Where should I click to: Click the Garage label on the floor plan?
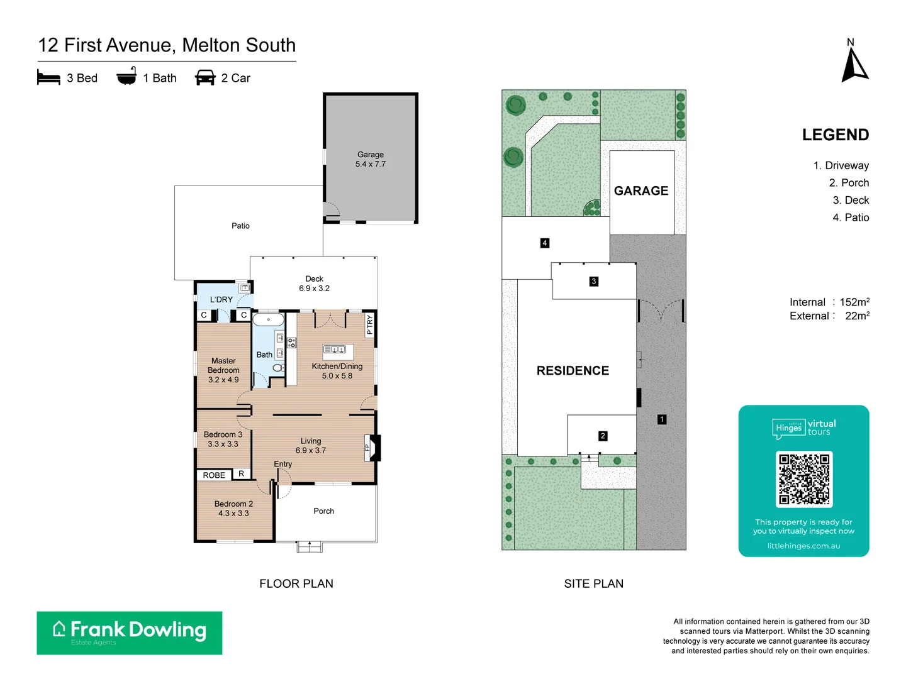[x=370, y=155]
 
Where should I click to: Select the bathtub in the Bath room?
[x=269, y=319]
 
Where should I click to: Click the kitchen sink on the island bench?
[x=334, y=349]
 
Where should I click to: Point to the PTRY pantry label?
[x=369, y=324]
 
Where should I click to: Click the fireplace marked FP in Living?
[x=374, y=448]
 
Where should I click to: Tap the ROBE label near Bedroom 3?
[x=214, y=475]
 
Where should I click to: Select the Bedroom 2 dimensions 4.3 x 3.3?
[x=233, y=514]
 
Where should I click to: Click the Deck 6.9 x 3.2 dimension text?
[x=314, y=289]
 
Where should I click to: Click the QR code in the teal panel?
[x=804, y=479]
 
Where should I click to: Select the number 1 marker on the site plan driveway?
[x=661, y=419]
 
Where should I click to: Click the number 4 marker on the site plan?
[x=545, y=243]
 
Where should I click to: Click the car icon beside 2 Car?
[x=205, y=78]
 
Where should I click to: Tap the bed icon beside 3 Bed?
[x=48, y=78]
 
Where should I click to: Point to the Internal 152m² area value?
[x=854, y=302]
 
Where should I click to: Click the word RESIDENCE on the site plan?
[x=573, y=371]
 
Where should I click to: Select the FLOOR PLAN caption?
[x=296, y=583]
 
